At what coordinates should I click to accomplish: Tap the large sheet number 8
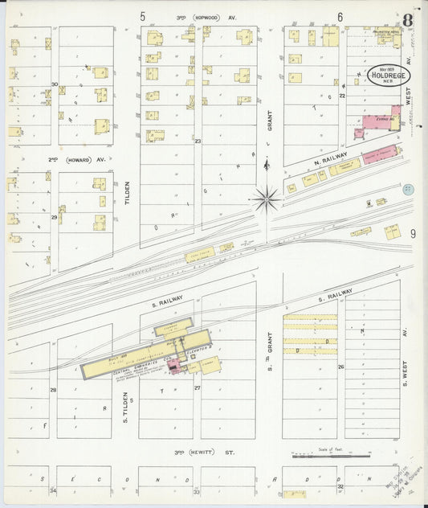pyautogui.click(x=409, y=20)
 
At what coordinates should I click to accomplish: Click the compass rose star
pyautogui.click(x=265, y=198)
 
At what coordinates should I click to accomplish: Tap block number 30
pyautogui.click(x=55, y=84)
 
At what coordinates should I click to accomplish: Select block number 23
pyautogui.click(x=197, y=141)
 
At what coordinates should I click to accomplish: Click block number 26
pyautogui.click(x=340, y=367)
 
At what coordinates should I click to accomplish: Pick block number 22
pyautogui.click(x=341, y=96)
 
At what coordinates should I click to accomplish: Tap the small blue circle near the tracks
pyautogui.click(x=407, y=189)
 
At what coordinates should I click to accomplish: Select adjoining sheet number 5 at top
pyautogui.click(x=143, y=16)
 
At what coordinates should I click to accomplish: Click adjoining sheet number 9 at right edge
pyautogui.click(x=413, y=233)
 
